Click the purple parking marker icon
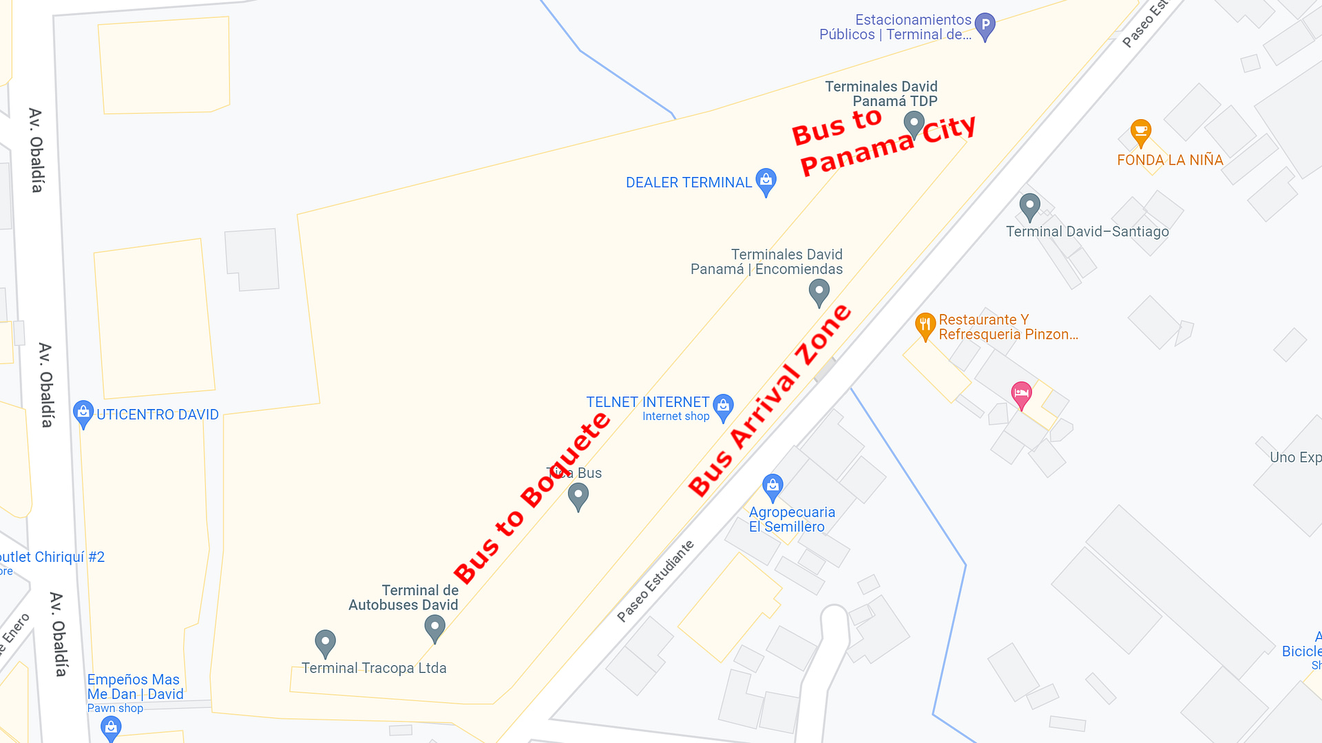(985, 26)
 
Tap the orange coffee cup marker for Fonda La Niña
(1140, 132)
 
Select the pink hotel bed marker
(1021, 395)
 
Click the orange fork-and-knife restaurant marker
(925, 325)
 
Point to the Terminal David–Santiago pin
(1029, 206)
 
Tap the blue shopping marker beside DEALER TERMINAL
(766, 181)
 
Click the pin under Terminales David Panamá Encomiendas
(819, 292)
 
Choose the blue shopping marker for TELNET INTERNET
(723, 406)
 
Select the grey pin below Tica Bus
(578, 496)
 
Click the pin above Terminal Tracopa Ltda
(325, 642)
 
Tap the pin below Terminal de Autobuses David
(434, 627)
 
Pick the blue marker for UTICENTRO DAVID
(83, 413)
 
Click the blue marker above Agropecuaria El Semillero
(773, 487)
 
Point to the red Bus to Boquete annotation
(532, 498)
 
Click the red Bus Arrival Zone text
(770, 400)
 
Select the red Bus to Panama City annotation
(884, 143)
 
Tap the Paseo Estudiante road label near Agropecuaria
(655, 581)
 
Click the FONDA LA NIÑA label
(1170, 160)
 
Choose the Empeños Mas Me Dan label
(135, 687)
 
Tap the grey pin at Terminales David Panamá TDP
(914, 125)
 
